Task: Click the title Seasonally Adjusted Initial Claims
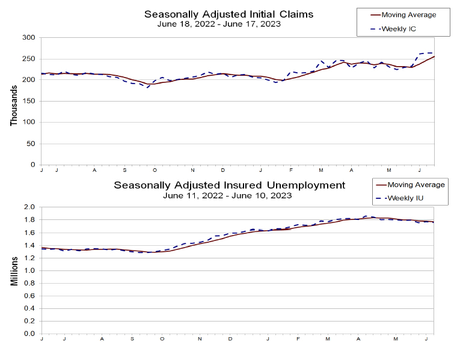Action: coord(228,14)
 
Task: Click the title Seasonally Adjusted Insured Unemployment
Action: coord(230,185)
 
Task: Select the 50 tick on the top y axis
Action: coord(31,144)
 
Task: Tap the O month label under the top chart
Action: coord(155,171)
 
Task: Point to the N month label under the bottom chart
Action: coord(200,340)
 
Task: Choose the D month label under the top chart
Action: coord(222,171)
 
